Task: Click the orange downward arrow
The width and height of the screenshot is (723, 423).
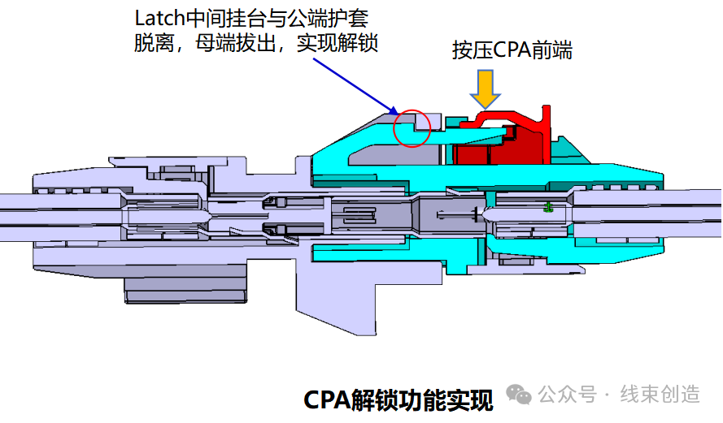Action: [486, 88]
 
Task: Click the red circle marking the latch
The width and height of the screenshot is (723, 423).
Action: [412, 128]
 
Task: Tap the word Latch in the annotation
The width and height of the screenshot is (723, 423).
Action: [156, 17]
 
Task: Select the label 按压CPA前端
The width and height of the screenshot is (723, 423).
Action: [512, 50]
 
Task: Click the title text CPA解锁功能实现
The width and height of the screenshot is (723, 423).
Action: [398, 399]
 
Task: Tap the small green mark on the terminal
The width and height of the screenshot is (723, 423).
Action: [549, 209]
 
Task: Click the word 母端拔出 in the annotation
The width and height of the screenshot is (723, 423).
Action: [235, 43]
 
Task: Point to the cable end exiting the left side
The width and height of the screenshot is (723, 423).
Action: [12, 209]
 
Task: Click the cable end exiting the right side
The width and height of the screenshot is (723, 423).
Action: [708, 209]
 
